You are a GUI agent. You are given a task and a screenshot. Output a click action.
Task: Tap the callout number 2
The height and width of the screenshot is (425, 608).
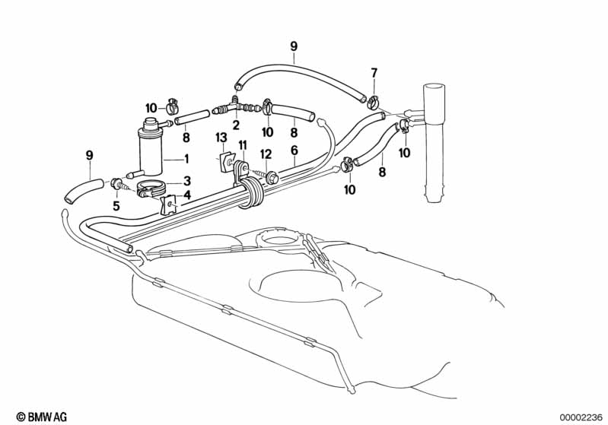[x=236, y=125]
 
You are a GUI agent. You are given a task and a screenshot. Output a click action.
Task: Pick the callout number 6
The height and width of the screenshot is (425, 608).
[x=294, y=151]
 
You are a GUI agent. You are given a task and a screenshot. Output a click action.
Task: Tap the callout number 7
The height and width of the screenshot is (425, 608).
[x=374, y=72]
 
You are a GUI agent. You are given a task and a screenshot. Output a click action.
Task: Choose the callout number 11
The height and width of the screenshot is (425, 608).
[x=242, y=145]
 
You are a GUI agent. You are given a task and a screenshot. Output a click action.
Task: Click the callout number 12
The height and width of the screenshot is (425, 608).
[x=266, y=154]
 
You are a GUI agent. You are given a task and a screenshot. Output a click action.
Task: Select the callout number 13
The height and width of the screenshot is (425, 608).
[x=221, y=138]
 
